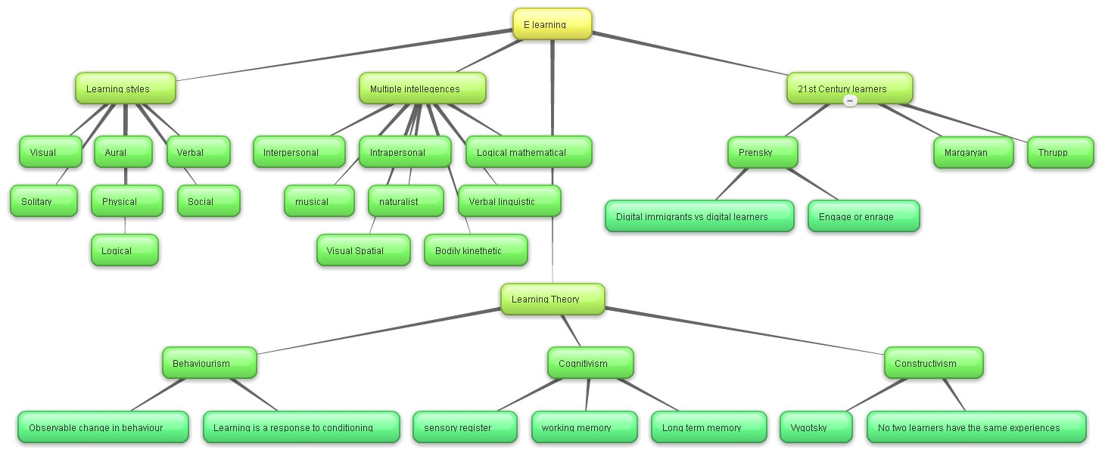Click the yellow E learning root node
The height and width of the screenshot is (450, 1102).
click(x=552, y=24)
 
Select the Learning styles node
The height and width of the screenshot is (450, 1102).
click(x=125, y=88)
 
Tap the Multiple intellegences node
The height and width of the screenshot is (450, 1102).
click(x=422, y=88)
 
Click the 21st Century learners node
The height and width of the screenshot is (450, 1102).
click(x=849, y=88)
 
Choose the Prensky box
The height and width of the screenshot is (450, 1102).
click(x=763, y=152)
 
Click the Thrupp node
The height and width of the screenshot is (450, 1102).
click(x=1060, y=152)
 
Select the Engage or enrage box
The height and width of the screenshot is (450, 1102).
click(x=864, y=216)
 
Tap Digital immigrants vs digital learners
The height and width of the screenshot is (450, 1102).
click(x=699, y=216)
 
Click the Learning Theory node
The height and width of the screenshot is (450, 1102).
click(x=553, y=299)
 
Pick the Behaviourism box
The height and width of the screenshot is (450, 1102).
click(x=210, y=363)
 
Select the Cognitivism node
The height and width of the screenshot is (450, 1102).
click(x=590, y=363)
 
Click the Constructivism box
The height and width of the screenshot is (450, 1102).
click(x=933, y=363)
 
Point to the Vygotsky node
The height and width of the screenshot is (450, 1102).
click(x=815, y=427)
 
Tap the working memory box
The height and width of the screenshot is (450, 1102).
click(x=584, y=427)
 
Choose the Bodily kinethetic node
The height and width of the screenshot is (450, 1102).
click(x=475, y=250)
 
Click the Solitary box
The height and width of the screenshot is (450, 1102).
click(x=43, y=201)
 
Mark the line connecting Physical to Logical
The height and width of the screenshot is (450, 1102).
click(x=125, y=225)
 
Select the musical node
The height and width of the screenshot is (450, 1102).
click(x=319, y=201)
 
